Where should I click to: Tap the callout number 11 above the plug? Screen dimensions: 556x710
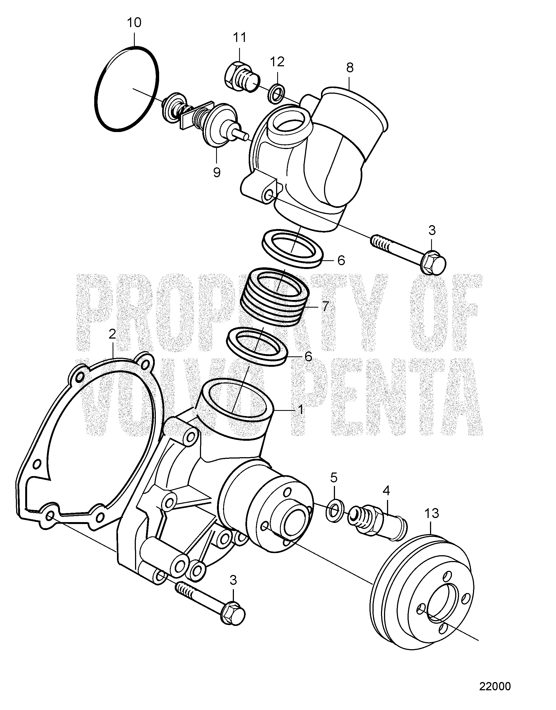239,38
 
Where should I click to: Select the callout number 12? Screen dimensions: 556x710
277,62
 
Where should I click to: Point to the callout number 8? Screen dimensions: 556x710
349,68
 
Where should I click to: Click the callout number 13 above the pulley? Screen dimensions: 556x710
432,513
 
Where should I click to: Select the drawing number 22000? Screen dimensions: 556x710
495,686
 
